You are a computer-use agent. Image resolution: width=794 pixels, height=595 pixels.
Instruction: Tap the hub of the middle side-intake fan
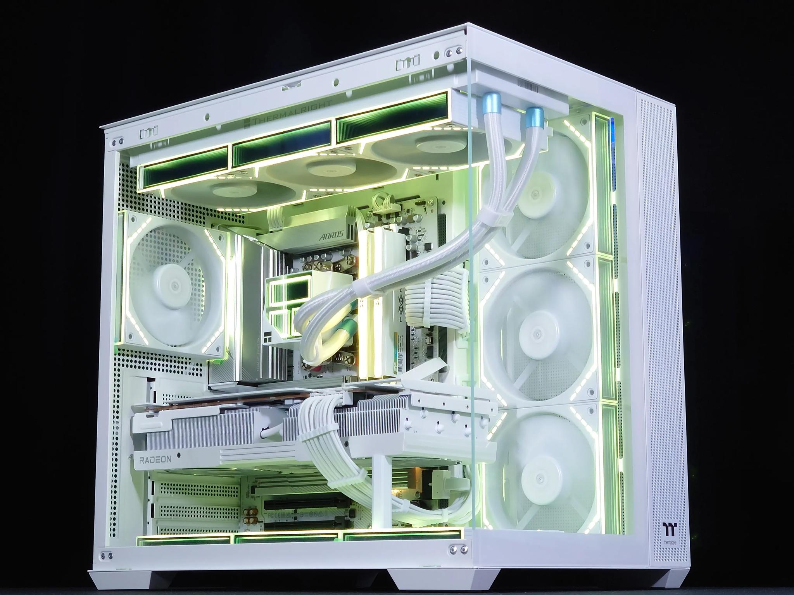pyautogui.click(x=536, y=334)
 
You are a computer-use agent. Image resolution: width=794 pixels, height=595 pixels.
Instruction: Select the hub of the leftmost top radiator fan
pyautogui.click(x=226, y=191)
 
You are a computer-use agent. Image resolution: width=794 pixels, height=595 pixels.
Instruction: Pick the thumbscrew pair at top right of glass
pyautogui.click(x=454, y=51)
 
